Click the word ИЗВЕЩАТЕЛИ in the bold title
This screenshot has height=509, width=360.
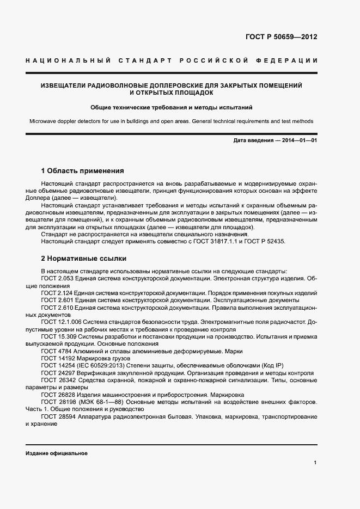tap(65, 85)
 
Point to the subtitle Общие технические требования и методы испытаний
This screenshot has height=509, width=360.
tap(172, 107)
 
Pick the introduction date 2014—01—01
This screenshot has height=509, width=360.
tap(300, 141)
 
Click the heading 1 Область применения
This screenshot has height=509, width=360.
tap(83, 170)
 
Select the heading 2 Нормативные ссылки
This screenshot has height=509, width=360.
tap(84, 258)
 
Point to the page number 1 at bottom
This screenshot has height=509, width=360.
tap(315, 462)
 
